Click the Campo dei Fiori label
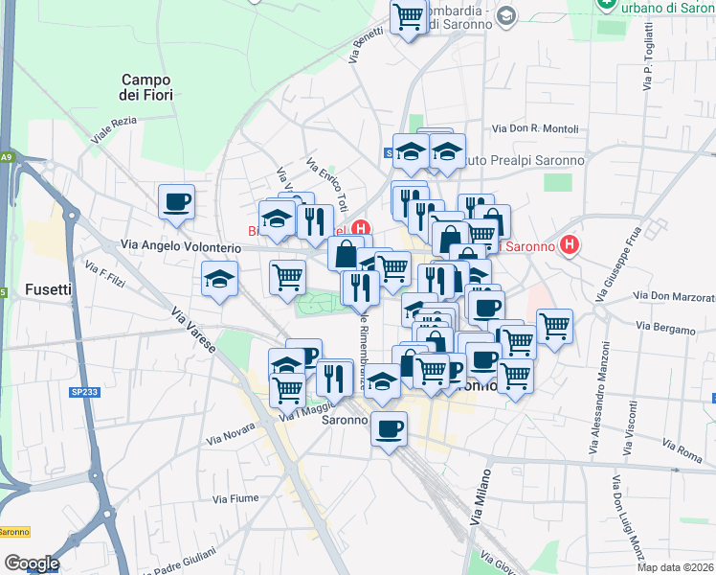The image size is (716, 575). coord(145,88)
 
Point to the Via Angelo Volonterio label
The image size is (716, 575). coord(180,246)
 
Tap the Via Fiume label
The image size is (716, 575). coord(235,498)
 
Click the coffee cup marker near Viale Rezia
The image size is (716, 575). coord(177,202)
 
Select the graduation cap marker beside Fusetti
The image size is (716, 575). coord(219,280)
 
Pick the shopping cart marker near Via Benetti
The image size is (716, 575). coord(409,16)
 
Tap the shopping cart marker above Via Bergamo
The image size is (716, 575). coord(554,326)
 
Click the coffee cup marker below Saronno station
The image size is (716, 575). coord(389,429)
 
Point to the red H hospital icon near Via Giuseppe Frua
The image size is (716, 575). coord(570,245)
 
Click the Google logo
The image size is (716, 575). coord(32,563)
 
